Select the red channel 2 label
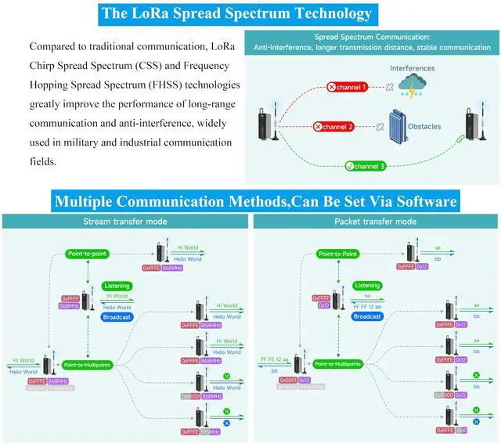[334, 126]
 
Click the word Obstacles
[446, 126]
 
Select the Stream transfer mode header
[124, 222]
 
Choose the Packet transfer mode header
[375, 222]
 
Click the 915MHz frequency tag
[211, 431]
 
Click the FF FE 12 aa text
[274, 359]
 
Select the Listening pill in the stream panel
[117, 287]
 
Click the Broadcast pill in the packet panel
[366, 316]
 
